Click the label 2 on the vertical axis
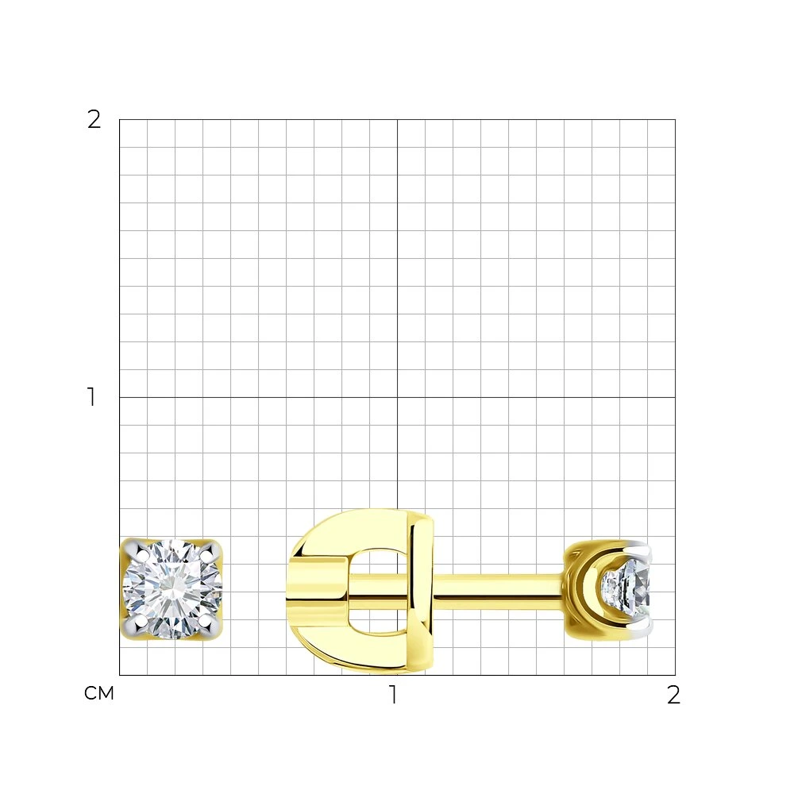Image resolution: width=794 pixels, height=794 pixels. (94, 120)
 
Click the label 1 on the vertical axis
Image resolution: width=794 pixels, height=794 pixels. (91, 397)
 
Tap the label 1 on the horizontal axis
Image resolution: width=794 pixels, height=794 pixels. (392, 695)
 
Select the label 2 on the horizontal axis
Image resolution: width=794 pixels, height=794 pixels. (673, 695)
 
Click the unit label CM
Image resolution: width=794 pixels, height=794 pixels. (99, 693)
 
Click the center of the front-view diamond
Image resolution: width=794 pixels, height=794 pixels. (172, 588)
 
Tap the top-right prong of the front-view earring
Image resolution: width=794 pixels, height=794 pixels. (210, 550)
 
